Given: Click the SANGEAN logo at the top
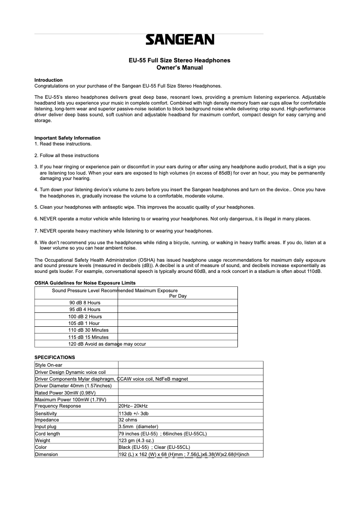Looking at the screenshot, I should (x=180, y=40).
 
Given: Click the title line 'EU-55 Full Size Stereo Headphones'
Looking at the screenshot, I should (x=180, y=60).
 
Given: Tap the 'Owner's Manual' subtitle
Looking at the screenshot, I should (x=180, y=68).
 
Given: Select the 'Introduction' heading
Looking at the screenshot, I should (x=48, y=80).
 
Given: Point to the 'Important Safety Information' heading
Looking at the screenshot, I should (x=67, y=138).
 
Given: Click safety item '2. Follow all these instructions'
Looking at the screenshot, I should (x=66, y=155).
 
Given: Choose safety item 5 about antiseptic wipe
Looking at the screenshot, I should (x=145, y=207).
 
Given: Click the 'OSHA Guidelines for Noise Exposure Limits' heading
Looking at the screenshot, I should (x=85, y=283).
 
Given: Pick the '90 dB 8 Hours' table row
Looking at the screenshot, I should (x=85, y=303).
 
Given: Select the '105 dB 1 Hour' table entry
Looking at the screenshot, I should (x=84, y=323).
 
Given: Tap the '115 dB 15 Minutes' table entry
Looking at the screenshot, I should (x=88, y=337).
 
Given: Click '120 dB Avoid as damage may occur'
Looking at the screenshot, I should (x=107, y=344).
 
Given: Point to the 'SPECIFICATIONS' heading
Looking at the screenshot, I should (x=55, y=357).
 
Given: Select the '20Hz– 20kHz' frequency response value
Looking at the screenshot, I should (x=133, y=406).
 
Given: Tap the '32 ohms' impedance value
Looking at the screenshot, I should (x=128, y=420).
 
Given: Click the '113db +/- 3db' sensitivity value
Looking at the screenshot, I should (x=133, y=413).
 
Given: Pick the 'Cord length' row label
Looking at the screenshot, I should (x=47, y=434).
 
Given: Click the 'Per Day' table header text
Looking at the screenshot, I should (x=178, y=296).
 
